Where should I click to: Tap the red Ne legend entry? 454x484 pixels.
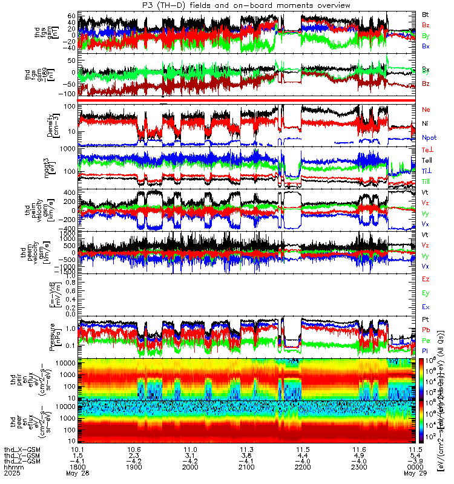[x=426, y=110]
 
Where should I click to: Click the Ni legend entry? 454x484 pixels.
[x=426, y=124]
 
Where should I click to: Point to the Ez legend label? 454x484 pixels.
[x=426, y=279]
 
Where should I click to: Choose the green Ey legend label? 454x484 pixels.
[x=426, y=293]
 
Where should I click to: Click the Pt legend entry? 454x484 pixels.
[x=426, y=319]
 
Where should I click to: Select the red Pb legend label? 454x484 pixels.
[x=426, y=330]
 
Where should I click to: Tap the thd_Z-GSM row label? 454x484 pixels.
[x=22, y=460]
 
